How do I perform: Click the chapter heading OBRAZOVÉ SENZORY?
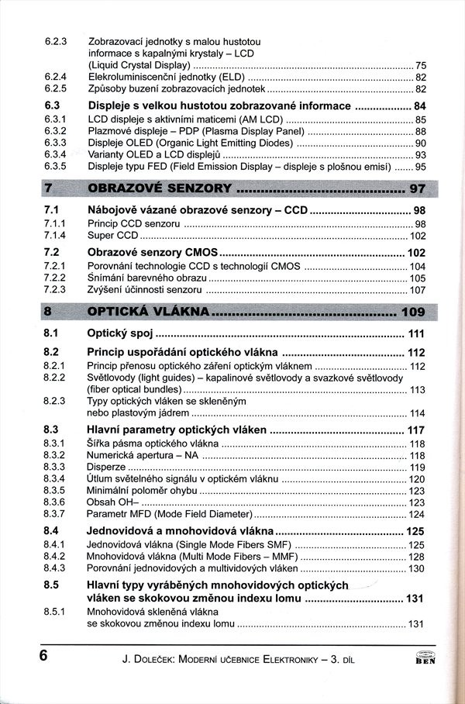160,188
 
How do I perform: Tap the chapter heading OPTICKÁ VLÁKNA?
149,312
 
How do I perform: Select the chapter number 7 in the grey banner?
48,188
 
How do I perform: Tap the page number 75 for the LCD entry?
421,65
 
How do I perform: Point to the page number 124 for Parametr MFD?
416,514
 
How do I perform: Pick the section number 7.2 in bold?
52,253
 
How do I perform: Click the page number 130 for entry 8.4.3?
416,568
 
